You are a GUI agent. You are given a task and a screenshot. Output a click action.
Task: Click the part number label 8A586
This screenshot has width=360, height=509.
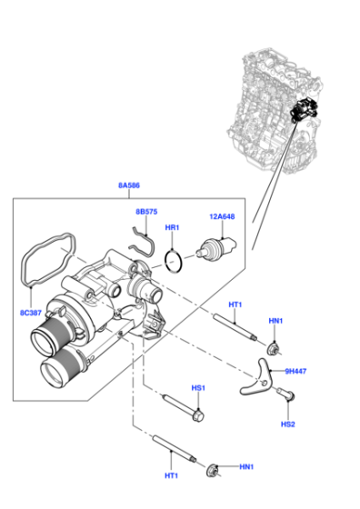(129, 185)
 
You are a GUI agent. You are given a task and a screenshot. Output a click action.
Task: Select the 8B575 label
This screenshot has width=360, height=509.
(146, 212)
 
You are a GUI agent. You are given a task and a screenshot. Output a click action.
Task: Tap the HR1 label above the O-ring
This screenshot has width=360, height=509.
(172, 227)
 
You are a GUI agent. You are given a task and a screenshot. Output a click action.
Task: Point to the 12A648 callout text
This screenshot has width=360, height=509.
(222, 216)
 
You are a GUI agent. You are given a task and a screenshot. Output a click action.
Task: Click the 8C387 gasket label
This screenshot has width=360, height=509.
(31, 313)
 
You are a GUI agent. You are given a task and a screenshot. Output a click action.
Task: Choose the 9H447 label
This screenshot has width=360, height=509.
(295, 371)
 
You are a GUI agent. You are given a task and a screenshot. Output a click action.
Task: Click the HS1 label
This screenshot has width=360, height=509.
(198, 388)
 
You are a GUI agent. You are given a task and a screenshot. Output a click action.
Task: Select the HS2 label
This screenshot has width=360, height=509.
(288, 424)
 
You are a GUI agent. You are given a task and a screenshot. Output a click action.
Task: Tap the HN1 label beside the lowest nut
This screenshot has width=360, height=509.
(246, 467)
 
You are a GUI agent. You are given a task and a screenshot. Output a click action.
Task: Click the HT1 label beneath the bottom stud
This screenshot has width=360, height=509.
(172, 475)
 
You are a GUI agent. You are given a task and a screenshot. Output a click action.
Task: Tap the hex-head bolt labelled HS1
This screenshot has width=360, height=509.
(183, 408)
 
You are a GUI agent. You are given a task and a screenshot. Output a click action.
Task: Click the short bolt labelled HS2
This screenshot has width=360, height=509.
(286, 394)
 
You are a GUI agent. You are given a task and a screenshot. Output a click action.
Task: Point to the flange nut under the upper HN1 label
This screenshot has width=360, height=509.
(273, 348)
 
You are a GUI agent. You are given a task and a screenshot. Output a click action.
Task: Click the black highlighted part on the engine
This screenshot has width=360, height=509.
(303, 109)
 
